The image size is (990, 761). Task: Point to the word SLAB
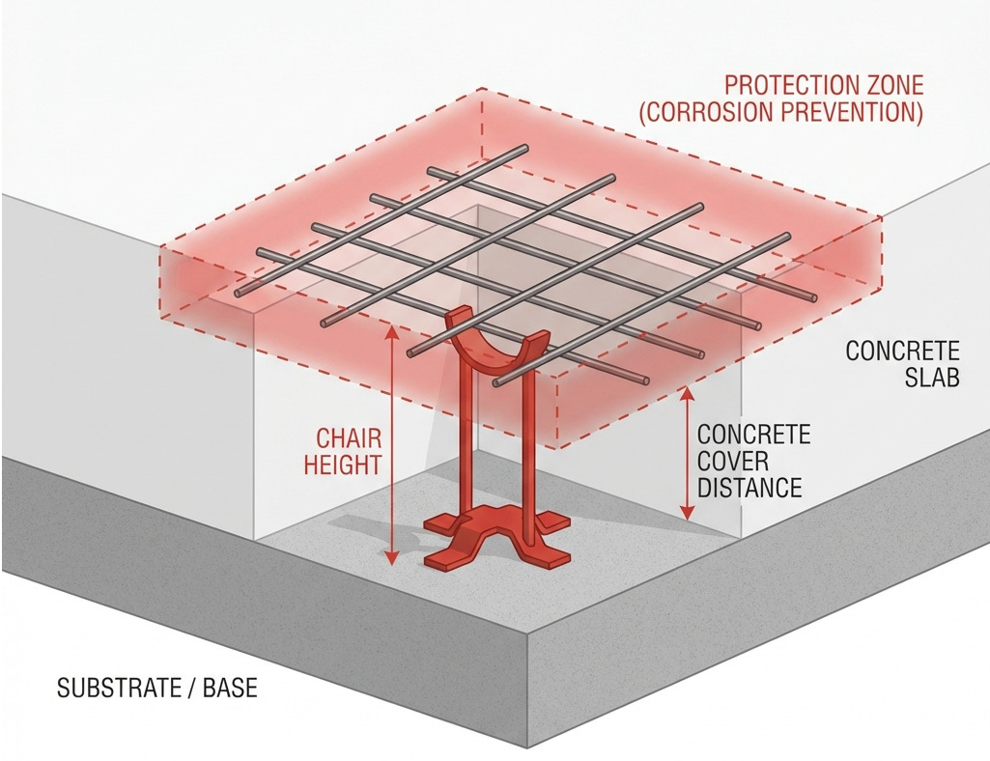click(932, 377)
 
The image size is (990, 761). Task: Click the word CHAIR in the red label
click(349, 437)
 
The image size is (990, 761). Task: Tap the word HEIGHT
click(342, 465)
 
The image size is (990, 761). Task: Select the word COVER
click(733, 461)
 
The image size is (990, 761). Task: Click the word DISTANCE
click(750, 488)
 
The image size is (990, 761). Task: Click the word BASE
click(230, 687)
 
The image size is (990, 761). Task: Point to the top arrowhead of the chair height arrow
click(392, 331)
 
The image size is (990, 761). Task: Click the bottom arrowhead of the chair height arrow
click(392, 557)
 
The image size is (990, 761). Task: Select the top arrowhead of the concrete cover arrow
click(689, 396)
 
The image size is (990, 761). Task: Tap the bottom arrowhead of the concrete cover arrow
click(689, 512)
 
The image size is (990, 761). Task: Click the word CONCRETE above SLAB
click(902, 351)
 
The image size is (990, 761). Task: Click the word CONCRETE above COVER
click(753, 435)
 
